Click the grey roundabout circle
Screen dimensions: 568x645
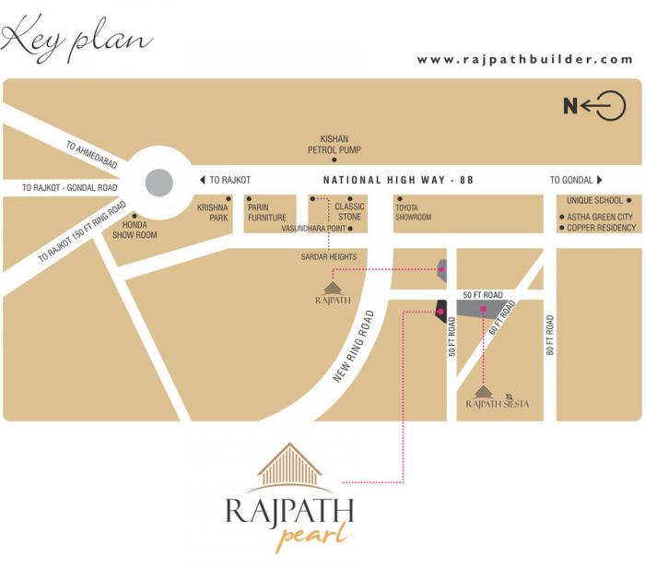158,181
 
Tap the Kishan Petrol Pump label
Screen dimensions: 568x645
334,144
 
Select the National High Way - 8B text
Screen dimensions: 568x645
398,181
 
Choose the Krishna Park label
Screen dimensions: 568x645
213,213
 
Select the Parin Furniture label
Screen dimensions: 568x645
266,213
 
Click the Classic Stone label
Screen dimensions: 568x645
349,212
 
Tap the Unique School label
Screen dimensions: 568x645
594,200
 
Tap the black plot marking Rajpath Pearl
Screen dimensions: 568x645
441,312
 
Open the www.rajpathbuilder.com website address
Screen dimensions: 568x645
525,60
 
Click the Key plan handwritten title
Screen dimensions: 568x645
76,38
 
